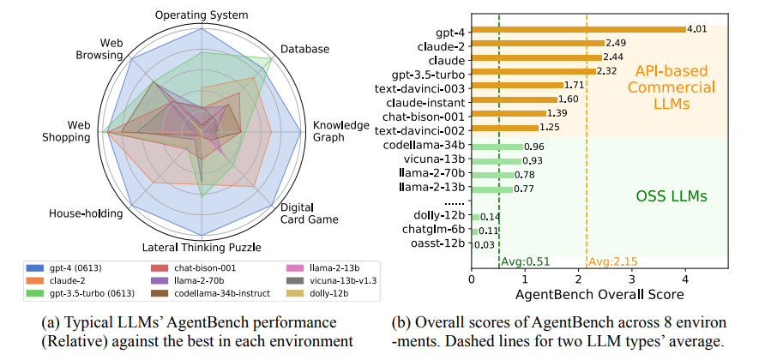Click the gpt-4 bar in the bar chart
tap(578, 28)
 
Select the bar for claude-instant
tap(514, 99)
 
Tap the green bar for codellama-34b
tap(497, 146)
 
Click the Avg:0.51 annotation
tap(526, 261)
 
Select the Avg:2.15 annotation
tap(612, 261)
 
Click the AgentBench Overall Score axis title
tap(599, 295)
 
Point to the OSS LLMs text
tap(672, 196)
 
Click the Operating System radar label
tap(202, 15)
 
